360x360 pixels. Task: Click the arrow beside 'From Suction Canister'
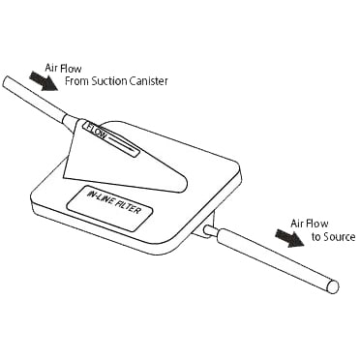click(x=44, y=81)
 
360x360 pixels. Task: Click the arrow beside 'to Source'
click(x=289, y=237)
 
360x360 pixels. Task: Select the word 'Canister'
click(x=149, y=81)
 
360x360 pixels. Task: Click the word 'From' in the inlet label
click(x=76, y=81)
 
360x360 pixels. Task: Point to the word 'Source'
click(x=339, y=237)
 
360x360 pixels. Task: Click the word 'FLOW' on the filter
click(x=95, y=131)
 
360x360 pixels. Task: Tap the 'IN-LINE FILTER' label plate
click(x=109, y=208)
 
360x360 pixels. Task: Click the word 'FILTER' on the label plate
click(x=128, y=207)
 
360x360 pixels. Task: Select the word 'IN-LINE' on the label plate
click(x=100, y=197)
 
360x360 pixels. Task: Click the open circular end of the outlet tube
click(x=333, y=286)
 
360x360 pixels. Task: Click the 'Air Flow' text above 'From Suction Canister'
click(x=63, y=69)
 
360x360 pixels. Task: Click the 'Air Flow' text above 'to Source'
click(x=309, y=224)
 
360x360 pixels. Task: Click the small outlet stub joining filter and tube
click(x=210, y=230)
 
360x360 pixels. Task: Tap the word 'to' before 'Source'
click(x=315, y=237)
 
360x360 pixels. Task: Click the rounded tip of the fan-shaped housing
click(x=185, y=185)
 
